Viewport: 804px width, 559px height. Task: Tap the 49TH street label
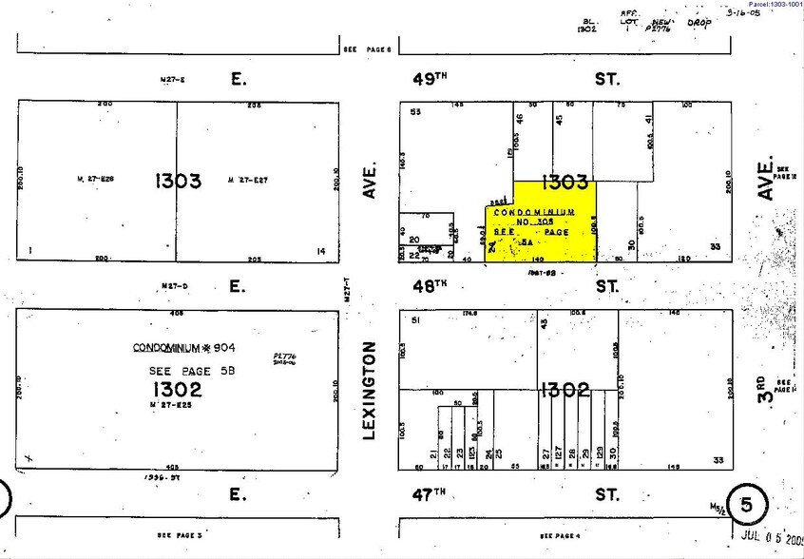point(429,79)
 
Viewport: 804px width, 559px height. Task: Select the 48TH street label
point(429,285)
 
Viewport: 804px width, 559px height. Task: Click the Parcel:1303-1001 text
point(768,5)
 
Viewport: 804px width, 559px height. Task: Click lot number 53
point(415,113)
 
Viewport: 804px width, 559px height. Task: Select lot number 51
point(415,321)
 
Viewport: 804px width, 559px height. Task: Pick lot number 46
point(520,121)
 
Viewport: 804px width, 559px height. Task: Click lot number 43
point(545,324)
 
